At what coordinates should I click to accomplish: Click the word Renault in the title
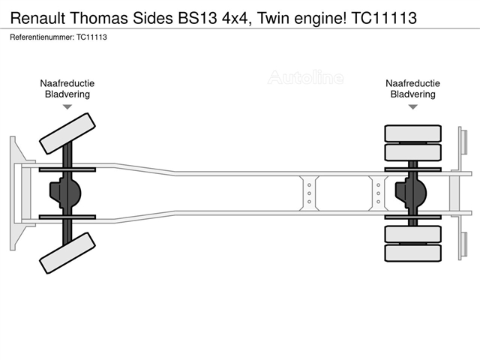click(x=38, y=18)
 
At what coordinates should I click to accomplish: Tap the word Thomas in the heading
click(x=99, y=18)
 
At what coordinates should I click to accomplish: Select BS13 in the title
click(x=196, y=18)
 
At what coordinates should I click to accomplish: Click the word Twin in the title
click(x=273, y=18)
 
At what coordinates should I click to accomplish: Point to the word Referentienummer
click(x=42, y=37)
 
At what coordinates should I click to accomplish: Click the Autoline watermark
click(x=305, y=77)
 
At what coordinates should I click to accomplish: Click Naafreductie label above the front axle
click(x=67, y=83)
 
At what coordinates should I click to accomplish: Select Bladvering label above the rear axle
click(x=413, y=94)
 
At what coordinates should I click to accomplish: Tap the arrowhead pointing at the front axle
click(x=67, y=106)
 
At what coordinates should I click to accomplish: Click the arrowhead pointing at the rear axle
click(x=413, y=106)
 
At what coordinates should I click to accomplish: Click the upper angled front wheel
click(x=67, y=133)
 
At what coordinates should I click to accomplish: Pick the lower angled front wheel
click(x=67, y=253)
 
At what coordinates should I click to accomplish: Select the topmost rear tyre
click(x=413, y=133)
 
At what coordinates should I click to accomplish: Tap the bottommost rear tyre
click(x=413, y=253)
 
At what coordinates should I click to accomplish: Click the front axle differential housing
click(x=65, y=193)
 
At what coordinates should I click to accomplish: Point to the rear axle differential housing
click(x=411, y=193)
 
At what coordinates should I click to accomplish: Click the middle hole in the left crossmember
click(x=309, y=193)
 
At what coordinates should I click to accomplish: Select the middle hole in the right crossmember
click(x=378, y=193)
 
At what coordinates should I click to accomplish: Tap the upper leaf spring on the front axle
click(x=67, y=169)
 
